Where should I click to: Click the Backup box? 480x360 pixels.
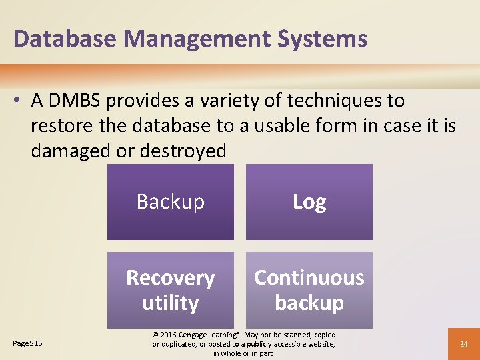tap(171, 202)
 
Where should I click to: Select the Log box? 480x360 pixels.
tap(309, 202)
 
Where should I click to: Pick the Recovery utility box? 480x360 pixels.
tap(171, 290)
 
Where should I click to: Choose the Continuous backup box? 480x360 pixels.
tap(309, 290)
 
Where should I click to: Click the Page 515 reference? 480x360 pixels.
tap(27, 343)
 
